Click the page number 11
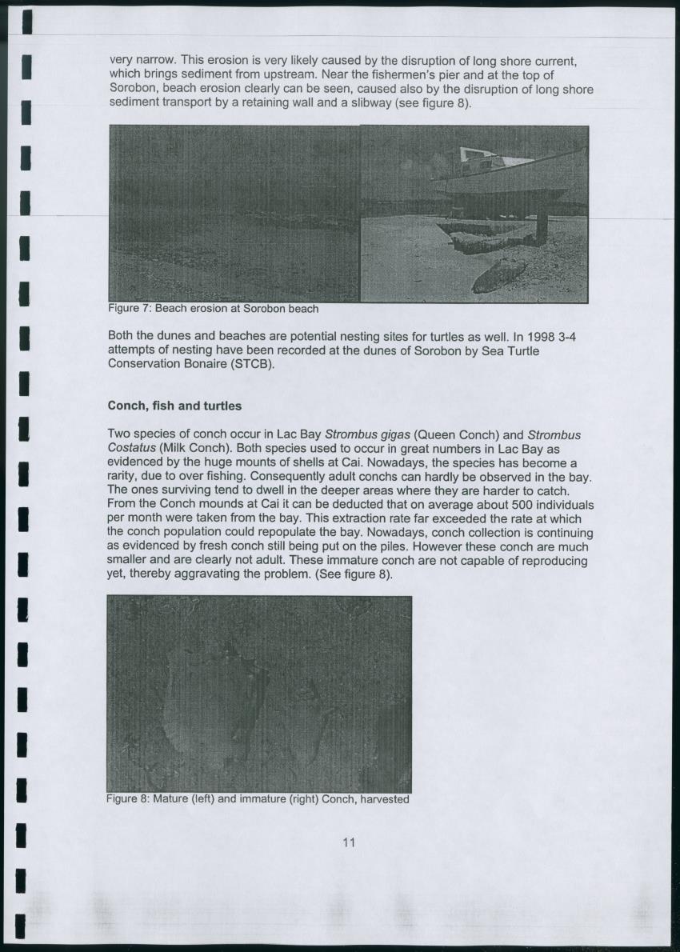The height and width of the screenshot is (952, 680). tap(348, 842)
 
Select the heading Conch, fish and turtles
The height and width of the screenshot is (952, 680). tap(174, 406)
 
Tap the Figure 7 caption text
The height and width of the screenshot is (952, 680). tap(213, 309)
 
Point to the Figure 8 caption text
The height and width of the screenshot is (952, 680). tap(258, 798)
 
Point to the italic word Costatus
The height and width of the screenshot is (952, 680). tap(132, 448)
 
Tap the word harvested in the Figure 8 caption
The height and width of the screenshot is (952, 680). tap(383, 798)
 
